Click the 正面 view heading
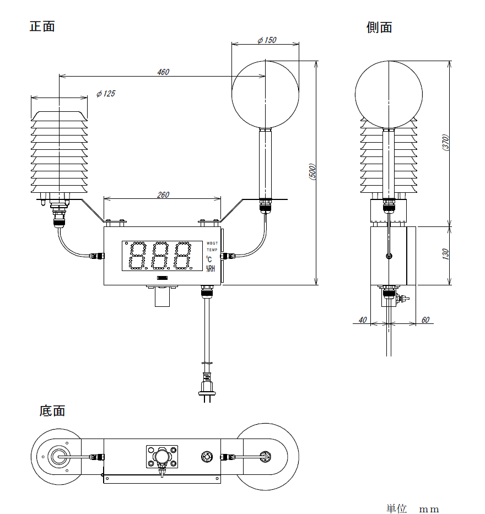[x=42, y=26]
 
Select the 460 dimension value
[x=163, y=72]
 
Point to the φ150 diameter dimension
[x=267, y=40]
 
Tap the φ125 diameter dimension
[x=106, y=94]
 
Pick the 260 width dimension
[x=163, y=194]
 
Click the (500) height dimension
[x=312, y=172]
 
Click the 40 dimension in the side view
[x=362, y=320]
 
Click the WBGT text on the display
[x=212, y=243]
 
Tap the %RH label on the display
[x=211, y=268]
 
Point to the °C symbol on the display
[x=209, y=259]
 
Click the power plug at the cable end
[x=207, y=386]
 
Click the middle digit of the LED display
[x=160, y=256]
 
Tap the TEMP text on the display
[x=212, y=250]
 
